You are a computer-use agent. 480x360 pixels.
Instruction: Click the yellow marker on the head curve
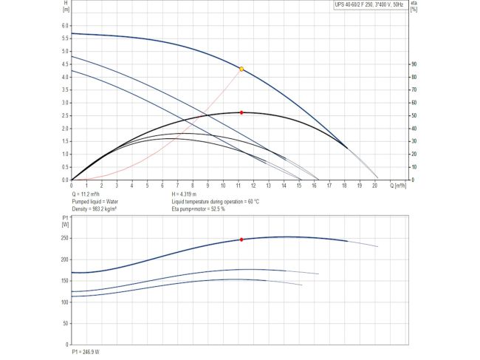point(241,69)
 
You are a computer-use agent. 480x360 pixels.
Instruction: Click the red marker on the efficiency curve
point(241,112)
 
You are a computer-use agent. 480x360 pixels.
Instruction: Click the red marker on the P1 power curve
point(241,240)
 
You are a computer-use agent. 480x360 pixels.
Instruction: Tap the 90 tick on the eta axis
point(414,64)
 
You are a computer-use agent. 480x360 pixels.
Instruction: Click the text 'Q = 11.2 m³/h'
point(88,194)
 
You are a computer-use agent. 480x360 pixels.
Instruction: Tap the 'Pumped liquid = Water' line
point(96,202)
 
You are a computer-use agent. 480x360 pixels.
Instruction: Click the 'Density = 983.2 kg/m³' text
point(96,210)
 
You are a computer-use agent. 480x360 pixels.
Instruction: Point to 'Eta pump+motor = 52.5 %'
point(199,210)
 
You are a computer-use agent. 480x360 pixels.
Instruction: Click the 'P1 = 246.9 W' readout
point(86,351)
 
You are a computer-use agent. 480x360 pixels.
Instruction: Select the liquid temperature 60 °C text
point(215,202)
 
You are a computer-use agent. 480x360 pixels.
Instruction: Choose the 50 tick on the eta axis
point(414,115)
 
